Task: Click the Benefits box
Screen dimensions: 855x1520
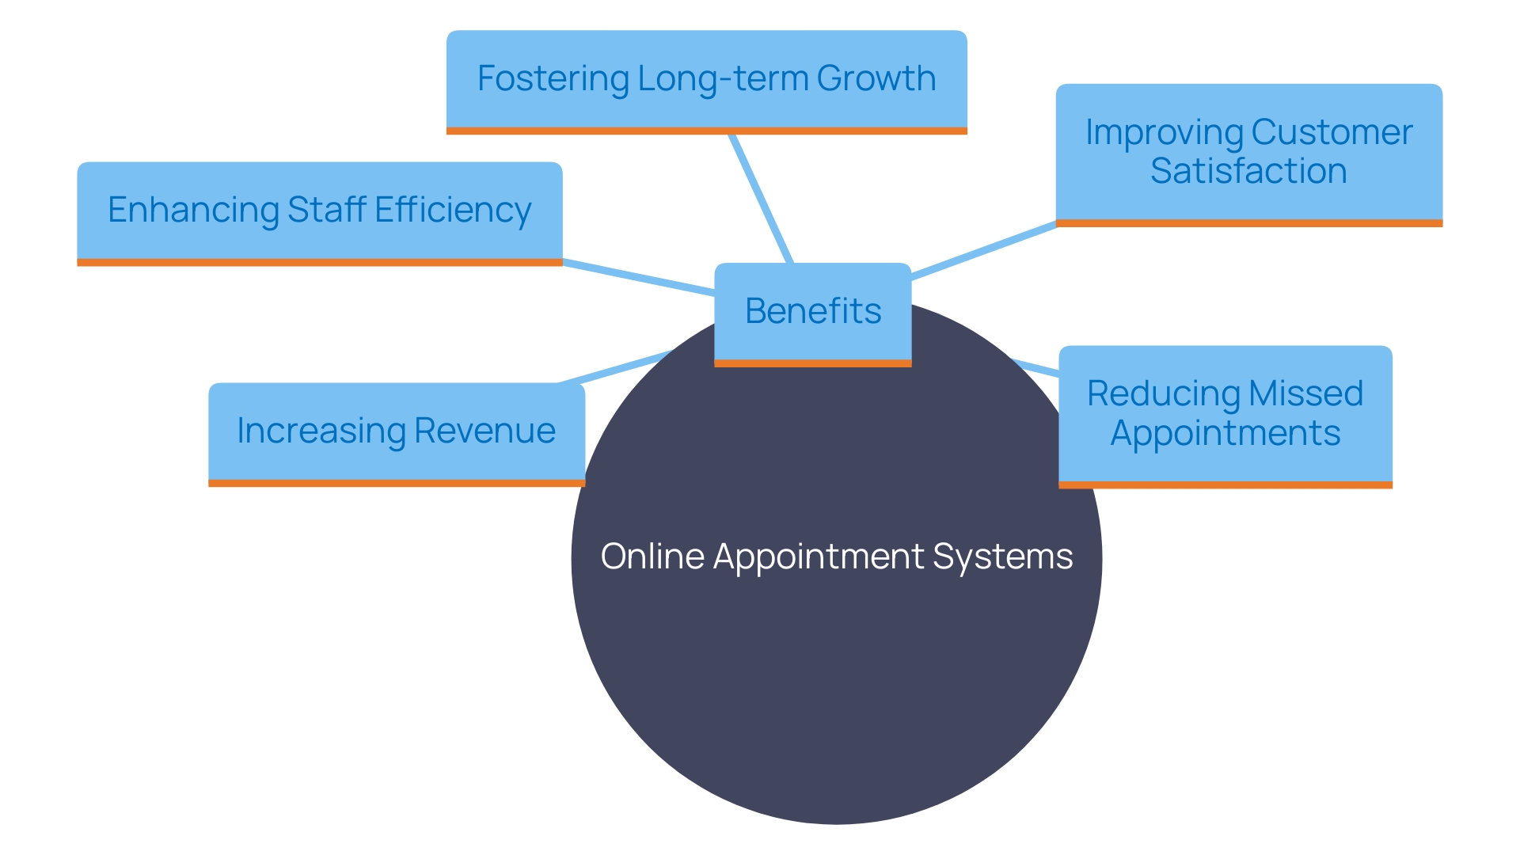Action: pyautogui.click(x=813, y=311)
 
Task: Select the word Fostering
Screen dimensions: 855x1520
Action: pyautogui.click(x=553, y=78)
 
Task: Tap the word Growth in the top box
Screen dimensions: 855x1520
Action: pyautogui.click(x=876, y=78)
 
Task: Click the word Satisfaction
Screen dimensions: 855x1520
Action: pyautogui.click(x=1248, y=171)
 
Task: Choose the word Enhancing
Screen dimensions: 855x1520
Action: pyautogui.click(x=192, y=210)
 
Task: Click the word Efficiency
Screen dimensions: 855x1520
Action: pyautogui.click(x=453, y=210)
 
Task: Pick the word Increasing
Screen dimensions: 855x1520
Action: pyautogui.click(x=321, y=431)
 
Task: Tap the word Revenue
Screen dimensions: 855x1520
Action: pyautogui.click(x=484, y=431)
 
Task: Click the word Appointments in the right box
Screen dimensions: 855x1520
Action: pyautogui.click(x=1225, y=433)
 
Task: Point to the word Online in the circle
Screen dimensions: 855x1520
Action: pyautogui.click(x=652, y=556)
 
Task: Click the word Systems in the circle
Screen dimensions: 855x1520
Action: pyautogui.click(x=1002, y=556)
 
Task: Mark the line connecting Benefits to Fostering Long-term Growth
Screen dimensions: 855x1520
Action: pyautogui.click(x=761, y=198)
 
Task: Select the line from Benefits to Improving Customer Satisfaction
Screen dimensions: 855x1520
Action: pyautogui.click(x=983, y=250)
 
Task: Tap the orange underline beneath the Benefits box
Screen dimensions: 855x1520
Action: pyautogui.click(x=813, y=363)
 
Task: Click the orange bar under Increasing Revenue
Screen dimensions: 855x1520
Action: pyautogui.click(x=396, y=483)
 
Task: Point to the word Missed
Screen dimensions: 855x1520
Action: pyautogui.click(x=1306, y=393)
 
